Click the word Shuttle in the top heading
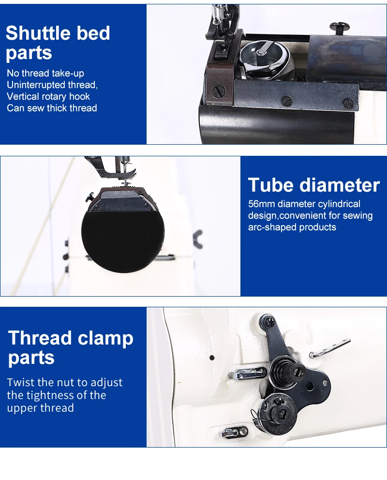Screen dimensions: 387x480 [38, 33]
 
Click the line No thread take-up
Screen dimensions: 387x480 [45, 73]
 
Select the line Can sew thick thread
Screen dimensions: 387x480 [52, 108]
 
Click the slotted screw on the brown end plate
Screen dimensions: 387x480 [219, 91]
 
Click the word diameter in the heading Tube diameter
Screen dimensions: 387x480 [339, 185]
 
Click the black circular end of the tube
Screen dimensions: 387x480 [123, 239]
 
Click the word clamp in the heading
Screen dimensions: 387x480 [105, 338]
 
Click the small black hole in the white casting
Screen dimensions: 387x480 [212, 358]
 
